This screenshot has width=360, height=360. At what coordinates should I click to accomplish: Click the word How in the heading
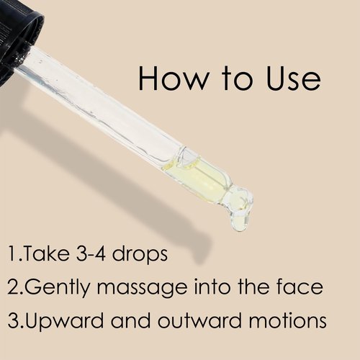click(172, 78)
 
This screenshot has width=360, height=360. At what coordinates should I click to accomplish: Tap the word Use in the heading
click(293, 78)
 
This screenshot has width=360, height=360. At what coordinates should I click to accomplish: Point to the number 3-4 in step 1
click(91, 253)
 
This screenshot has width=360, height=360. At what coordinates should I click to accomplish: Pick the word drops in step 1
click(140, 254)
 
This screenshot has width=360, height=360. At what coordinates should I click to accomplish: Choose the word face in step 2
click(300, 287)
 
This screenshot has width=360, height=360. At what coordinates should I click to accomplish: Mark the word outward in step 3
click(199, 320)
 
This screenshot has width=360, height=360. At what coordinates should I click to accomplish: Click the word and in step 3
click(130, 320)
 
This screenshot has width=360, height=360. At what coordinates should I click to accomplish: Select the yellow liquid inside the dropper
click(202, 177)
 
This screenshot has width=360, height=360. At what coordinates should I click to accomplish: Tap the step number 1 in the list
click(12, 253)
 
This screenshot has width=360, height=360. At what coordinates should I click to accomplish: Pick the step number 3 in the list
click(13, 320)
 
